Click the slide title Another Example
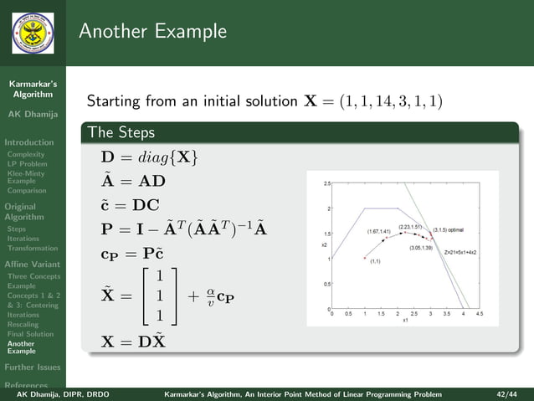[x=153, y=32]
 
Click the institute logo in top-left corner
[x=32, y=33]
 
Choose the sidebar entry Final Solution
[x=30, y=334]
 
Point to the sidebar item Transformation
[x=32, y=248]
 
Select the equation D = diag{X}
[x=149, y=157]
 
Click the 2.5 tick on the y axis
[x=326, y=183]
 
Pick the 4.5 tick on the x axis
[x=480, y=315]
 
